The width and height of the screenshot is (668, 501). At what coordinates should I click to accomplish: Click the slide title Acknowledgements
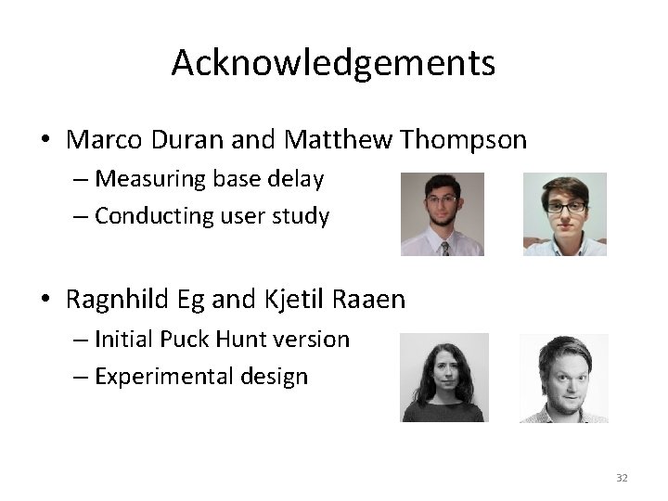point(333,63)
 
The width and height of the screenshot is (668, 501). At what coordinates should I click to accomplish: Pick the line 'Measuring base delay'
point(209,177)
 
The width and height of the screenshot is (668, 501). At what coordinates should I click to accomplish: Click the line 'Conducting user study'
point(212,216)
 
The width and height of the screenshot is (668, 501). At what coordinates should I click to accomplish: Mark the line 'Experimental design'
point(200,378)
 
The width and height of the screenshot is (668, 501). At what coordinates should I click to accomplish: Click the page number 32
point(622,478)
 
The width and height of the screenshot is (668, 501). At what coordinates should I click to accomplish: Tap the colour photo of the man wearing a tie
point(442,213)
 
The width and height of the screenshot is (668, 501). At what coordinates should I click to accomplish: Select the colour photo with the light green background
point(564,213)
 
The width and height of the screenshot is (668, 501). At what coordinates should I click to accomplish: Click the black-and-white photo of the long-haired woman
point(443,378)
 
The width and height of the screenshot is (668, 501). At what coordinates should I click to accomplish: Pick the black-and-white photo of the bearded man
point(564,378)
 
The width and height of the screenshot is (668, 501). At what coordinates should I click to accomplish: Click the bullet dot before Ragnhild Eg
point(45,301)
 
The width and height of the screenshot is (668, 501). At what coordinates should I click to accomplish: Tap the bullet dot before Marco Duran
point(45,141)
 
